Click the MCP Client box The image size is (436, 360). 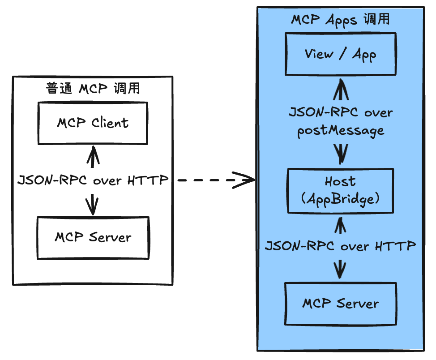[x=92, y=123]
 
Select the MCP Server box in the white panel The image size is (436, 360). [x=93, y=238]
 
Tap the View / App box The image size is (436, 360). [x=341, y=54]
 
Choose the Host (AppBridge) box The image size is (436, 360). [x=341, y=190]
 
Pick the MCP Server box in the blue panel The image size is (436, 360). [x=341, y=304]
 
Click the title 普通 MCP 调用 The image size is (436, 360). [x=93, y=88]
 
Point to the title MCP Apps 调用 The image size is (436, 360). [x=341, y=20]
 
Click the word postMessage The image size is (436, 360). [x=341, y=131]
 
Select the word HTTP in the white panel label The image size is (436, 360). [x=148, y=180]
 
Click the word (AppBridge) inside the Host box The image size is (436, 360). [x=341, y=199]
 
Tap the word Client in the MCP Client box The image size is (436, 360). [x=110, y=123]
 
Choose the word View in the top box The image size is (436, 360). [x=319, y=54]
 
